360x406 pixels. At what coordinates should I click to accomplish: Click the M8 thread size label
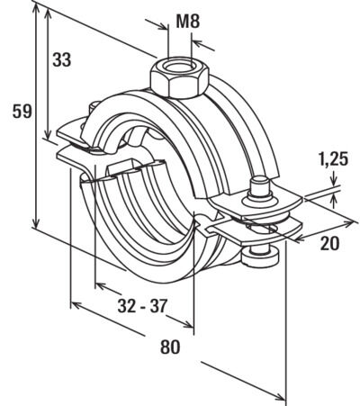click(188, 22)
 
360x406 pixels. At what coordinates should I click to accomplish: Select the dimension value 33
click(62, 59)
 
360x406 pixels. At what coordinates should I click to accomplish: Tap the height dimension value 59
click(22, 112)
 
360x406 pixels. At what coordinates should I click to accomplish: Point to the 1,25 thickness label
click(333, 159)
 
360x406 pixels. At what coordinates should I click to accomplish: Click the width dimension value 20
click(329, 243)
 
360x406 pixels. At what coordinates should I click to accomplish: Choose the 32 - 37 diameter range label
click(142, 306)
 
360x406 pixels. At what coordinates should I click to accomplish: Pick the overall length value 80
click(170, 347)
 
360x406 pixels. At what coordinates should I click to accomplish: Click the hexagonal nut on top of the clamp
click(179, 78)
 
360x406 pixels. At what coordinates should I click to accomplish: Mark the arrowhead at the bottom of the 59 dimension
click(36, 222)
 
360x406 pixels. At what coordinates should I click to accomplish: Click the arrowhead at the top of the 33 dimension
click(47, 12)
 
